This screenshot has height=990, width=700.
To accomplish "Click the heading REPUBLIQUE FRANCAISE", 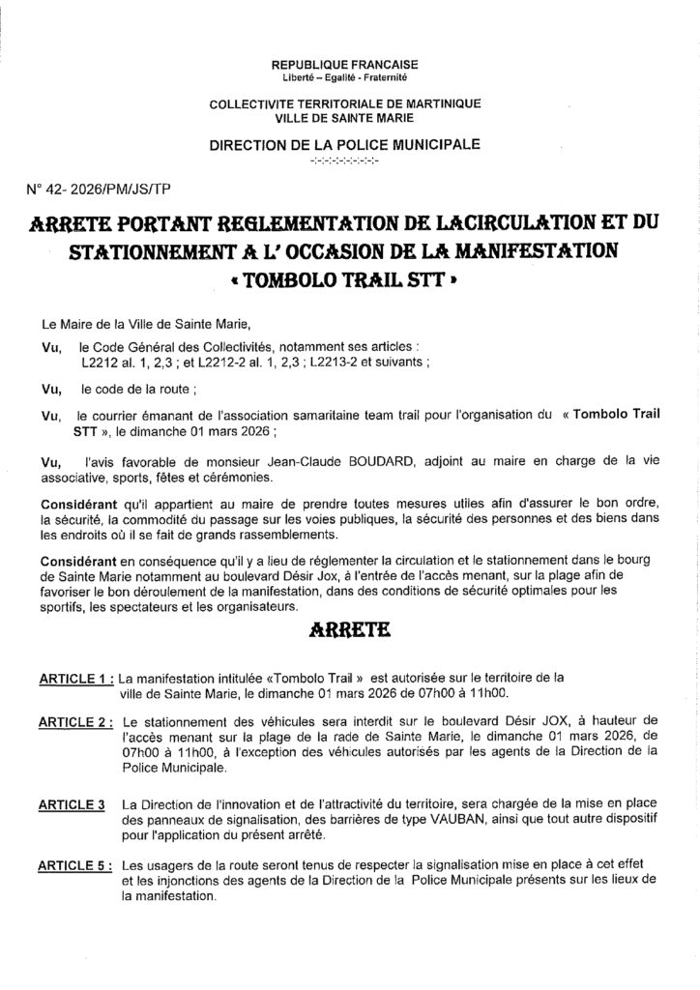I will coord(350,63).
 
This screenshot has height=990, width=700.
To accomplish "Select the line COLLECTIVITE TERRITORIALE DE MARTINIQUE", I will coord(350,103).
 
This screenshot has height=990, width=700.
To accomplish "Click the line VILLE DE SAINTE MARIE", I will coord(350,117).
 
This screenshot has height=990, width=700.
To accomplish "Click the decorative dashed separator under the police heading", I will coord(350,160).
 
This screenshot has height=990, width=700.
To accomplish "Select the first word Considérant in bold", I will coord(75,506).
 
